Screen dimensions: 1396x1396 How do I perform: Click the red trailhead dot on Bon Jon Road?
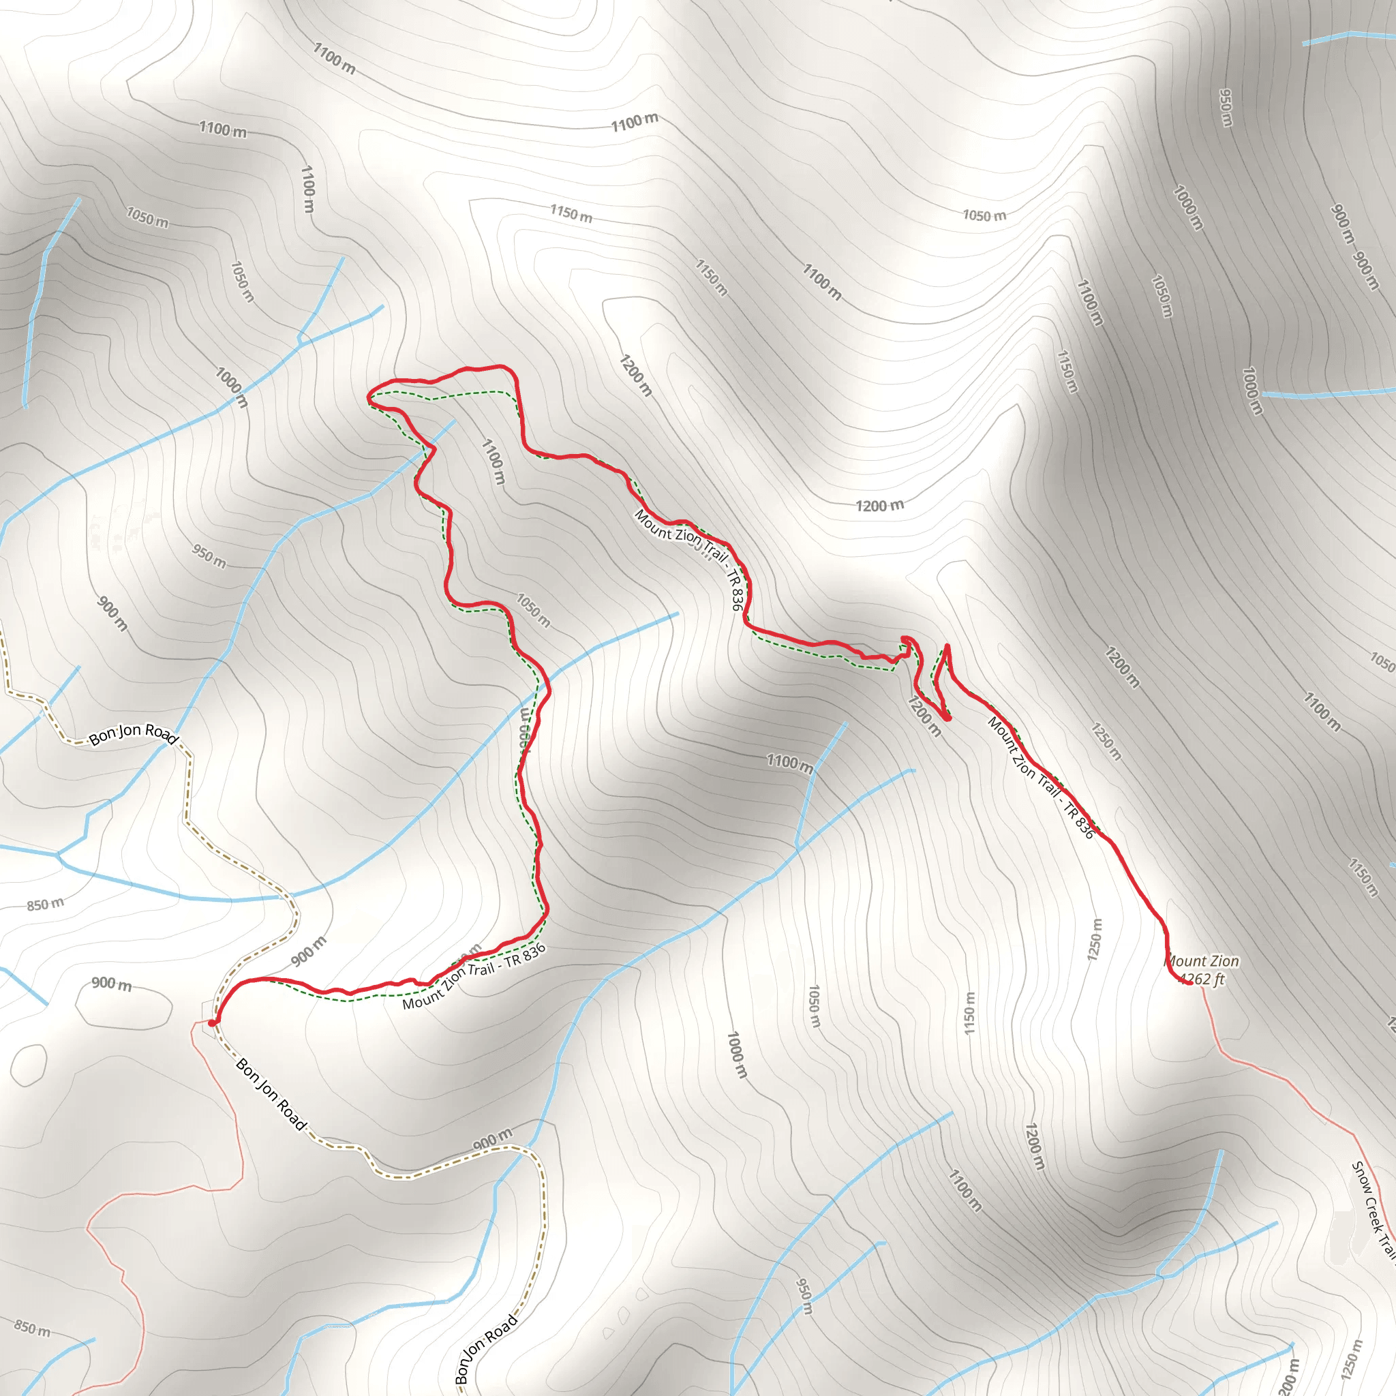211,1023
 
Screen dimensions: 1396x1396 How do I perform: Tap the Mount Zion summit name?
1202,961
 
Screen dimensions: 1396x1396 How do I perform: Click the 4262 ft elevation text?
1202,980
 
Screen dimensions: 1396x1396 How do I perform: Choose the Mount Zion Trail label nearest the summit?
1040,777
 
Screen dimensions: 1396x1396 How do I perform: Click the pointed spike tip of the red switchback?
947,646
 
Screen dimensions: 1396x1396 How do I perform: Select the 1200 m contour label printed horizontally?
879,505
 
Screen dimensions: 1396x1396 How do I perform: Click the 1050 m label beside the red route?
533,611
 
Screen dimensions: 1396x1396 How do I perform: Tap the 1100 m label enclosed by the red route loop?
493,461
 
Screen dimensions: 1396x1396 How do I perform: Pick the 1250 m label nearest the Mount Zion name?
1095,939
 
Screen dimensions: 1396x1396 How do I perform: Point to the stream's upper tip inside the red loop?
455,421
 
